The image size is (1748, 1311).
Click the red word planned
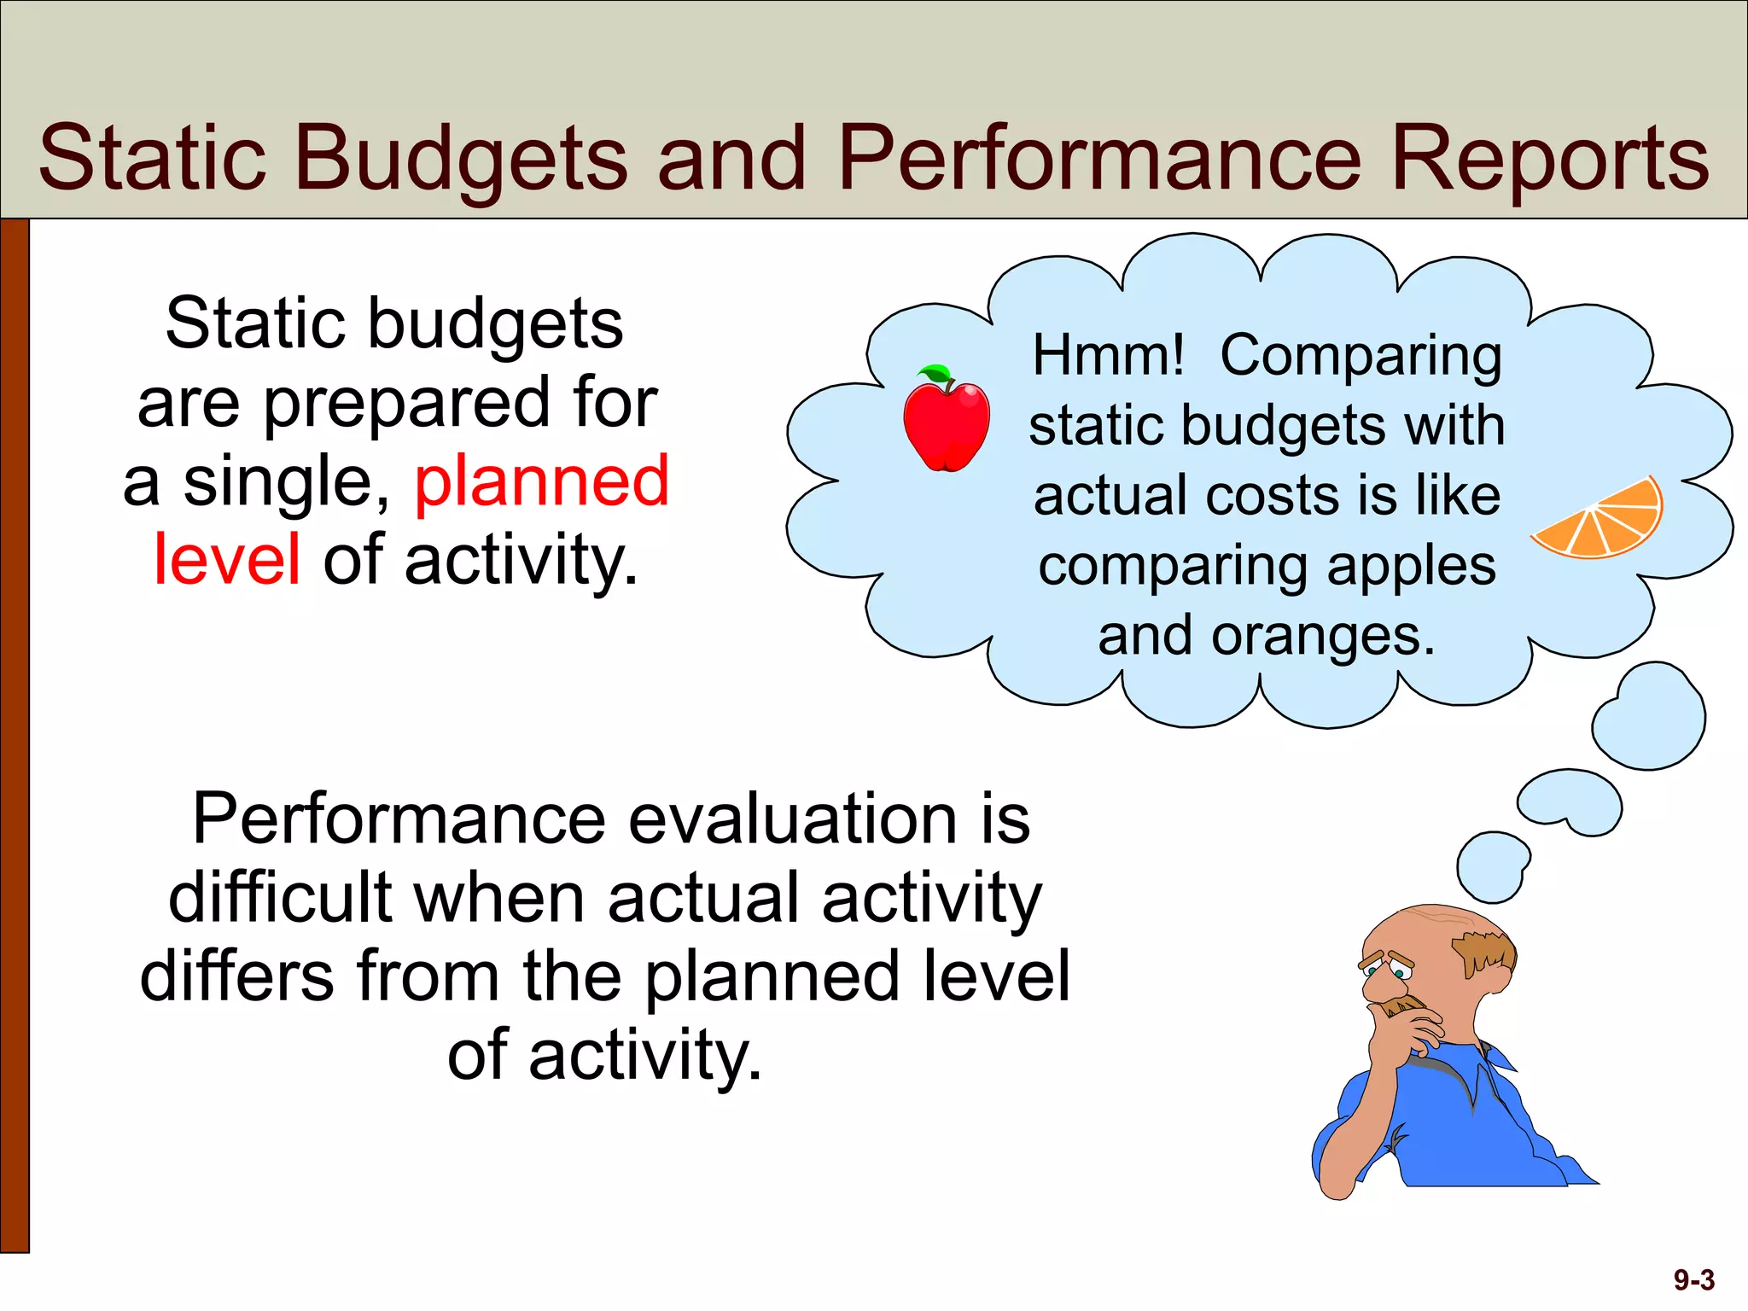tap(541, 481)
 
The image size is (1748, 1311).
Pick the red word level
tap(227, 560)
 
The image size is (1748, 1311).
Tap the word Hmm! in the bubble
tap(1108, 355)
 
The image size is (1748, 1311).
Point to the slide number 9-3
tap(1693, 1280)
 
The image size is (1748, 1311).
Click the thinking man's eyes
tap(1387, 970)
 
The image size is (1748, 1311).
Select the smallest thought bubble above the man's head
tap(1492, 866)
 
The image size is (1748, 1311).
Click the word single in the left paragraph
tap(286, 481)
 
